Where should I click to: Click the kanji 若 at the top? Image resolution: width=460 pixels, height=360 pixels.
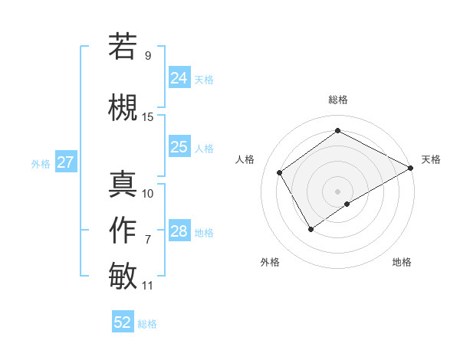pos(123,46)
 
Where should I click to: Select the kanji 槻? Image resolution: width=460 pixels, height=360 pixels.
pos(123,107)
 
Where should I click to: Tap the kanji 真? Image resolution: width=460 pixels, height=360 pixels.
pos(123,185)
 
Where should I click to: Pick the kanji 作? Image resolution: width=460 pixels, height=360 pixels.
pos(123,230)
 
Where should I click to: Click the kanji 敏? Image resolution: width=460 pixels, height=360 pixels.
pos(123,275)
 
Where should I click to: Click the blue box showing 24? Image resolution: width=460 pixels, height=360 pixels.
pos(179,77)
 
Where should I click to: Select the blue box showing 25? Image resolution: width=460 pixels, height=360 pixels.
pos(179,147)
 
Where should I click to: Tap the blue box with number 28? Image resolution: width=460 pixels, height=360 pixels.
pos(179,231)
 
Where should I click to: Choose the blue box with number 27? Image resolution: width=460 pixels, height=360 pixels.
pos(65,162)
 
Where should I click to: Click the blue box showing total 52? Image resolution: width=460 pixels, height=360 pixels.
pos(123,322)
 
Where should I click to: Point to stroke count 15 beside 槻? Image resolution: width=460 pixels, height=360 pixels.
pos(148,117)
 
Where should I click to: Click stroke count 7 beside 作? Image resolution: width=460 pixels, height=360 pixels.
pos(148,240)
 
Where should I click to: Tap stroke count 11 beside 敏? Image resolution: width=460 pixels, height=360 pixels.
pos(148,286)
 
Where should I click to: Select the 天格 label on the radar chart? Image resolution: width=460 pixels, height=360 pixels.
pos(431,159)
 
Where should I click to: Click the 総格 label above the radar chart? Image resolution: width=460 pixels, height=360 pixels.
pos(337,100)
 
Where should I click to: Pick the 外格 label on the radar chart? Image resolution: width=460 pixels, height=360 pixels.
pos(270,262)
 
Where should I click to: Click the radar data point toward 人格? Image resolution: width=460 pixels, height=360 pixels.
pos(279,172)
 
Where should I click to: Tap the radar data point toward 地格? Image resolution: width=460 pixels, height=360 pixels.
pos(347,204)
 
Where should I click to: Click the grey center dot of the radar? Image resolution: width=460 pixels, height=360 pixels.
pos(337,191)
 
